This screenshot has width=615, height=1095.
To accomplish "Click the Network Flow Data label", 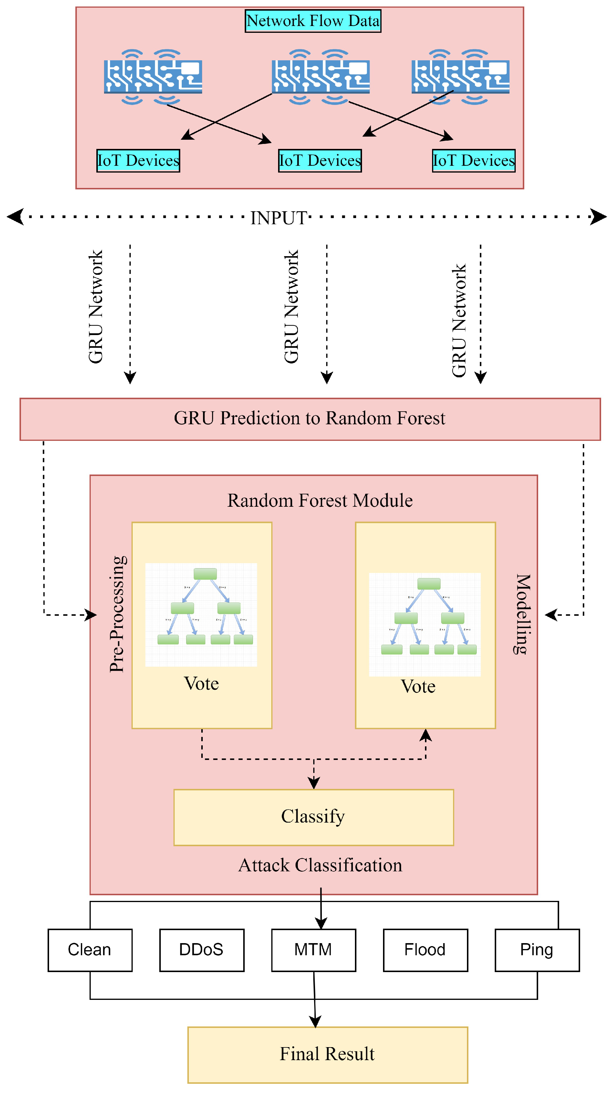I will (x=313, y=21).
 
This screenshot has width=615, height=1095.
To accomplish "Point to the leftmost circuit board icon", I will (x=153, y=77).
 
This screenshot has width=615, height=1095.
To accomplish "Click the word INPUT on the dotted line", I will (x=279, y=218).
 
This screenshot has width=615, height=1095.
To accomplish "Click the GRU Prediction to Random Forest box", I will (x=310, y=419).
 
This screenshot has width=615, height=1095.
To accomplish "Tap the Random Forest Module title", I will (x=319, y=500).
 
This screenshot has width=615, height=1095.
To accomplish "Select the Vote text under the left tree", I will (x=201, y=683).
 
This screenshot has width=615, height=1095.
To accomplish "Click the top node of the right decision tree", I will (x=429, y=584).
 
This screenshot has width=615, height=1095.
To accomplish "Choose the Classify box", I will (x=314, y=817).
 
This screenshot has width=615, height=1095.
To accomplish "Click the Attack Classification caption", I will (x=320, y=865).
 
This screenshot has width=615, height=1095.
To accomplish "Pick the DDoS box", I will (x=202, y=950).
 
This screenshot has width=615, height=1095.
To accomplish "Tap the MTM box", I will (x=314, y=950).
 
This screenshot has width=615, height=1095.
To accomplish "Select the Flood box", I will (x=425, y=950).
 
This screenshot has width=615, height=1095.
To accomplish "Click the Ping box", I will (x=537, y=950).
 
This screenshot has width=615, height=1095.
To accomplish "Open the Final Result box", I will (x=327, y=1054).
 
